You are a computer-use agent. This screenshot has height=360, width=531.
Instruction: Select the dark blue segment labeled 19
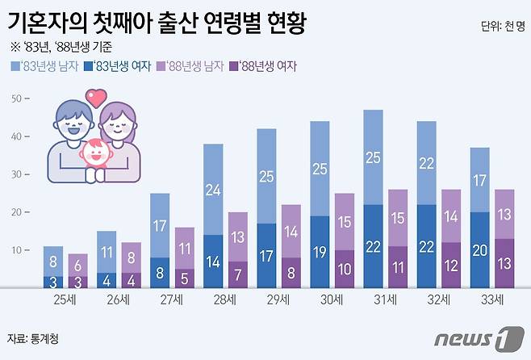[320, 251]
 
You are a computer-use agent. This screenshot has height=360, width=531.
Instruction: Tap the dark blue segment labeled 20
[479, 249]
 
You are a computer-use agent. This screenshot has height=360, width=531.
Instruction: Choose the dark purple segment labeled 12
[451, 265]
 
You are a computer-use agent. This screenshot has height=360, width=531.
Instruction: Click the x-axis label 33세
[492, 299]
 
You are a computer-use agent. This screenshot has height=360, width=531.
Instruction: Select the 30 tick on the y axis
[15, 174]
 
